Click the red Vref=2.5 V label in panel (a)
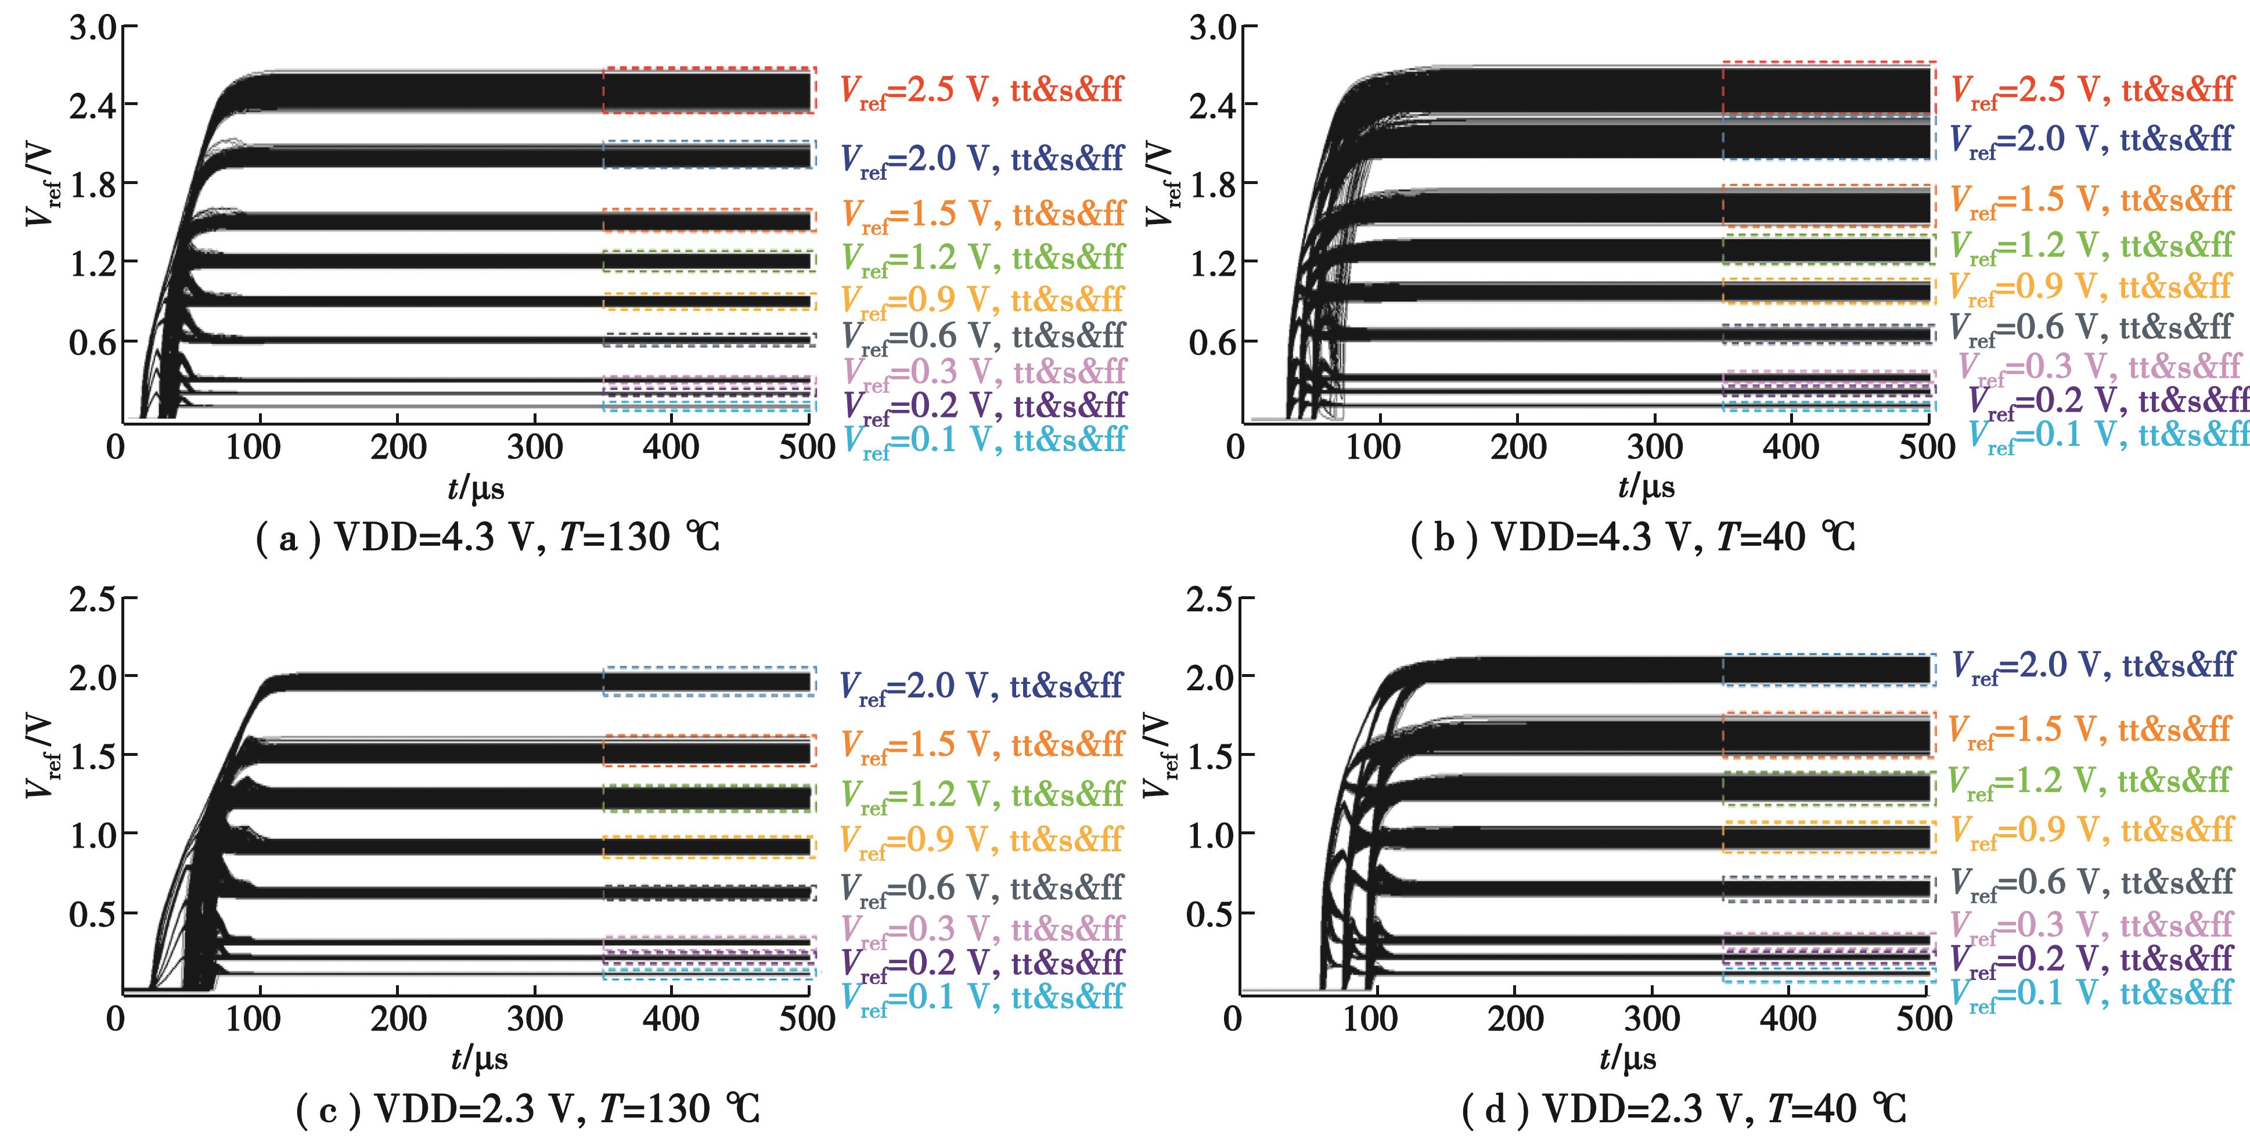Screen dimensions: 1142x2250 pos(981,91)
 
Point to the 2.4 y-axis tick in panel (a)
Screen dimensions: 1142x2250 pos(92,105)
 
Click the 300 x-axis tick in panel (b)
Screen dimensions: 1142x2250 pos(1654,448)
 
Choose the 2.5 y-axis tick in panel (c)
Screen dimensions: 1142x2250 pos(92,600)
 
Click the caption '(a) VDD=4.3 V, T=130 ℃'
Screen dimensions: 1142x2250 pos(487,537)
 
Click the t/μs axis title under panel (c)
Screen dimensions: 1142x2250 pos(478,1059)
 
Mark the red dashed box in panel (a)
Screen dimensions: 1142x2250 pos(708,90)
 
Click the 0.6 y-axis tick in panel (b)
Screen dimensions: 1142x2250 pos(1212,342)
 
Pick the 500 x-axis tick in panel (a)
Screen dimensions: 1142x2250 pos(808,448)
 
